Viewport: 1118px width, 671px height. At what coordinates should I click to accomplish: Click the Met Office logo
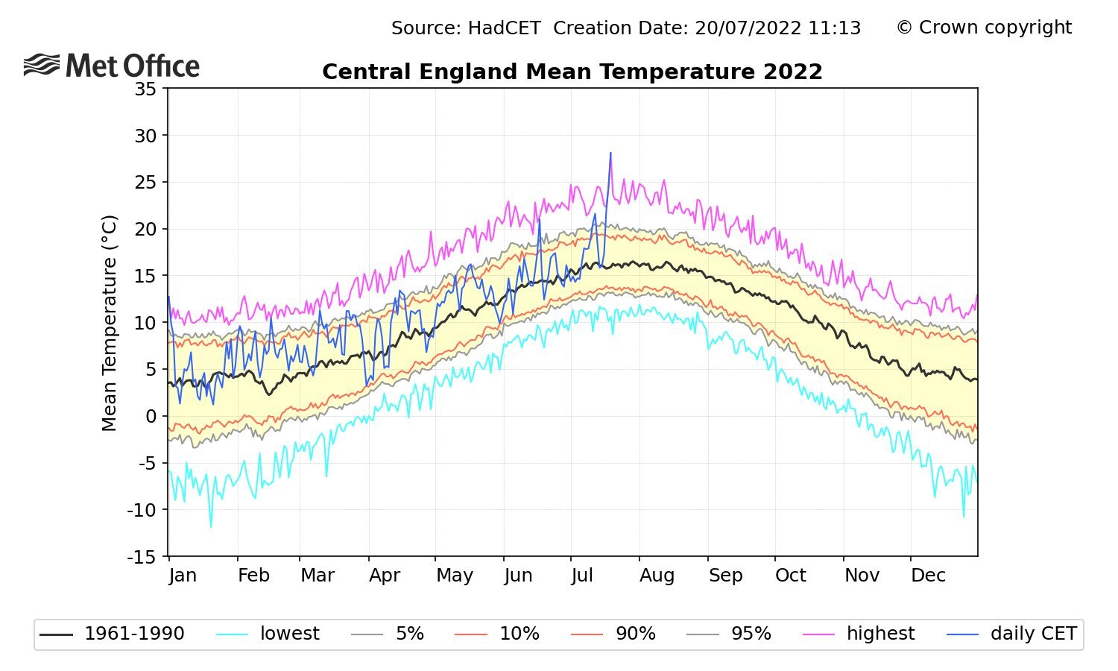point(112,66)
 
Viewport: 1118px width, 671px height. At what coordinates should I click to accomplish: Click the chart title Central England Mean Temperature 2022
point(572,72)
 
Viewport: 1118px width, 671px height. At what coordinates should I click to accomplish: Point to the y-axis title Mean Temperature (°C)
point(110,323)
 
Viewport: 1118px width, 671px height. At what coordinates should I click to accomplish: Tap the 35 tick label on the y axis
point(146,89)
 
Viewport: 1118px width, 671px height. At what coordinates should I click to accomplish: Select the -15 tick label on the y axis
point(142,557)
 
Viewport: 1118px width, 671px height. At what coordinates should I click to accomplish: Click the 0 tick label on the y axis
point(151,417)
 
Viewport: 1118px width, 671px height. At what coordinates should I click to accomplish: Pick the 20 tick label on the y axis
point(146,230)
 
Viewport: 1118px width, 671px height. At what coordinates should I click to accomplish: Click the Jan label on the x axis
point(183,576)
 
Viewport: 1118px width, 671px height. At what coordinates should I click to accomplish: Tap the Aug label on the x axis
point(657,576)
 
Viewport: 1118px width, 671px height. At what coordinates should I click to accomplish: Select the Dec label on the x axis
point(928,576)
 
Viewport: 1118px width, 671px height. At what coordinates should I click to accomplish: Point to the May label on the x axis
point(455,576)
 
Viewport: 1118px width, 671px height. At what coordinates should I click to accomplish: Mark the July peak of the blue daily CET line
point(610,153)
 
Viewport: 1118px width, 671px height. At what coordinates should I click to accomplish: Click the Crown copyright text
point(984,28)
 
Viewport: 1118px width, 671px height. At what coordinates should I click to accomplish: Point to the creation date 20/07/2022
point(741,28)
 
